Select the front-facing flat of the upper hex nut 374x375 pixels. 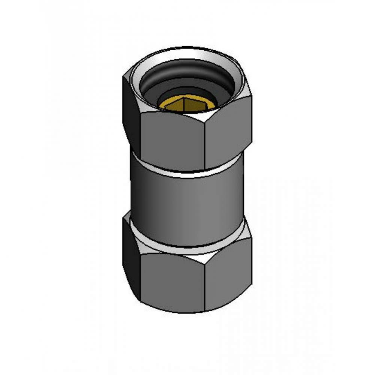170,139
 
